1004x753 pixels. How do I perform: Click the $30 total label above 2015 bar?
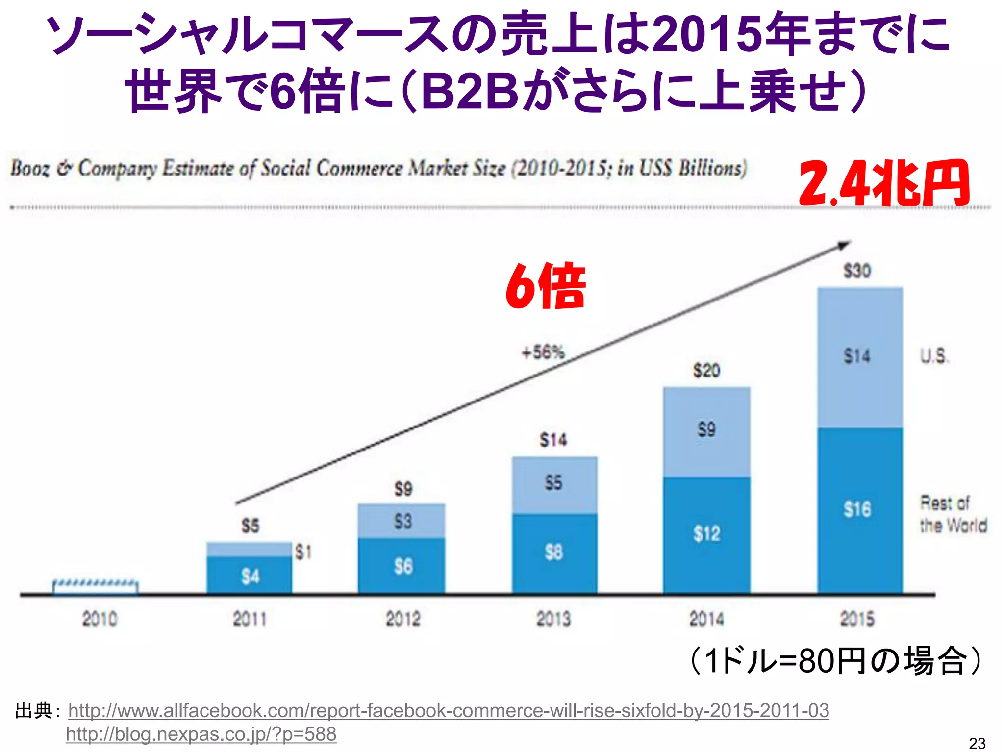point(857,271)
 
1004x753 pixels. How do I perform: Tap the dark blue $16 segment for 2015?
point(860,510)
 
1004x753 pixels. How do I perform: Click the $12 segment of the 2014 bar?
point(706,534)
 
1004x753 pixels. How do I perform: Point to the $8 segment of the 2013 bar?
point(554,553)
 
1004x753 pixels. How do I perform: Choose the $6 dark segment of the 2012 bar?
point(402,567)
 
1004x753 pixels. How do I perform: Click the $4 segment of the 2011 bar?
point(250,577)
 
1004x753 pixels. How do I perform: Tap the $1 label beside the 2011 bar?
point(303,552)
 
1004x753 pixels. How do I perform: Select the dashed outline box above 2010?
point(96,587)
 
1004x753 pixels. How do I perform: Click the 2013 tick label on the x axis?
point(553,619)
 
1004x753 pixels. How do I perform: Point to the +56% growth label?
point(543,352)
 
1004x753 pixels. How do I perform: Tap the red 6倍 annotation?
point(546,286)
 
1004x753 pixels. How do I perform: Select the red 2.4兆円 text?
point(883,183)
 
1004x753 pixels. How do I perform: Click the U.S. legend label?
point(934,356)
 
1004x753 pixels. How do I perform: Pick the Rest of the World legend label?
point(953,514)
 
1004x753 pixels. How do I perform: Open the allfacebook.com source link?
point(448,710)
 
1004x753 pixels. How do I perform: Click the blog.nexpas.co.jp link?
point(201,734)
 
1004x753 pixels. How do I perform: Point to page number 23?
point(977,743)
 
